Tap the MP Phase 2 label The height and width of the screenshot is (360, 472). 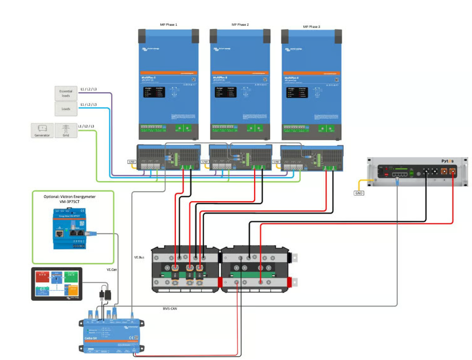pyautogui.click(x=240, y=25)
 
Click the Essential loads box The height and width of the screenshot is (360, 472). pyautogui.click(x=66, y=93)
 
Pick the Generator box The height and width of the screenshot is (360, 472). pyautogui.click(x=42, y=130)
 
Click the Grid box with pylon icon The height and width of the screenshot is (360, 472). pyautogui.click(x=66, y=130)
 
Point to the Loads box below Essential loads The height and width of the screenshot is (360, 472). pyautogui.click(x=66, y=108)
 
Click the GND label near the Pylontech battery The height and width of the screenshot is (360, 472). pyautogui.click(x=359, y=193)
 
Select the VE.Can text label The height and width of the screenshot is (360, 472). pyautogui.click(x=113, y=269)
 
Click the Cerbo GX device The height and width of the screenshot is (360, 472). pyautogui.click(x=113, y=330)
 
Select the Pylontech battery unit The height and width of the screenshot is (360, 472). pyautogui.click(x=416, y=171)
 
